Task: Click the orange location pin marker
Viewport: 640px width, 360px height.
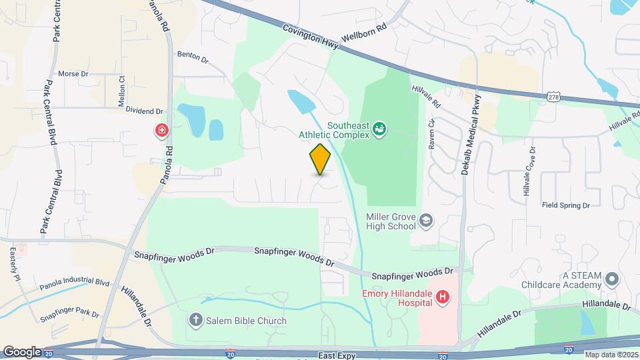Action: coord(320,159)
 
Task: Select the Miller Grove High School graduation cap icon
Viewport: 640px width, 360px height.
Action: coord(426,219)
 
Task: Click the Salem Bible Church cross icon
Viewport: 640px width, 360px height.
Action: coord(196,321)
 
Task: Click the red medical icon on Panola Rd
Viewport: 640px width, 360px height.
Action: coord(161,130)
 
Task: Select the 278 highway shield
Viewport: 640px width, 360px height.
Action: coord(553,97)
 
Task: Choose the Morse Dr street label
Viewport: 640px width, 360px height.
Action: coord(73,74)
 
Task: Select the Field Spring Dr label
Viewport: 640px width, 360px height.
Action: coord(566,206)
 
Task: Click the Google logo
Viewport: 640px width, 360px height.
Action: coord(21,352)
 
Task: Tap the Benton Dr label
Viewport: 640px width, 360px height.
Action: coord(193,57)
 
